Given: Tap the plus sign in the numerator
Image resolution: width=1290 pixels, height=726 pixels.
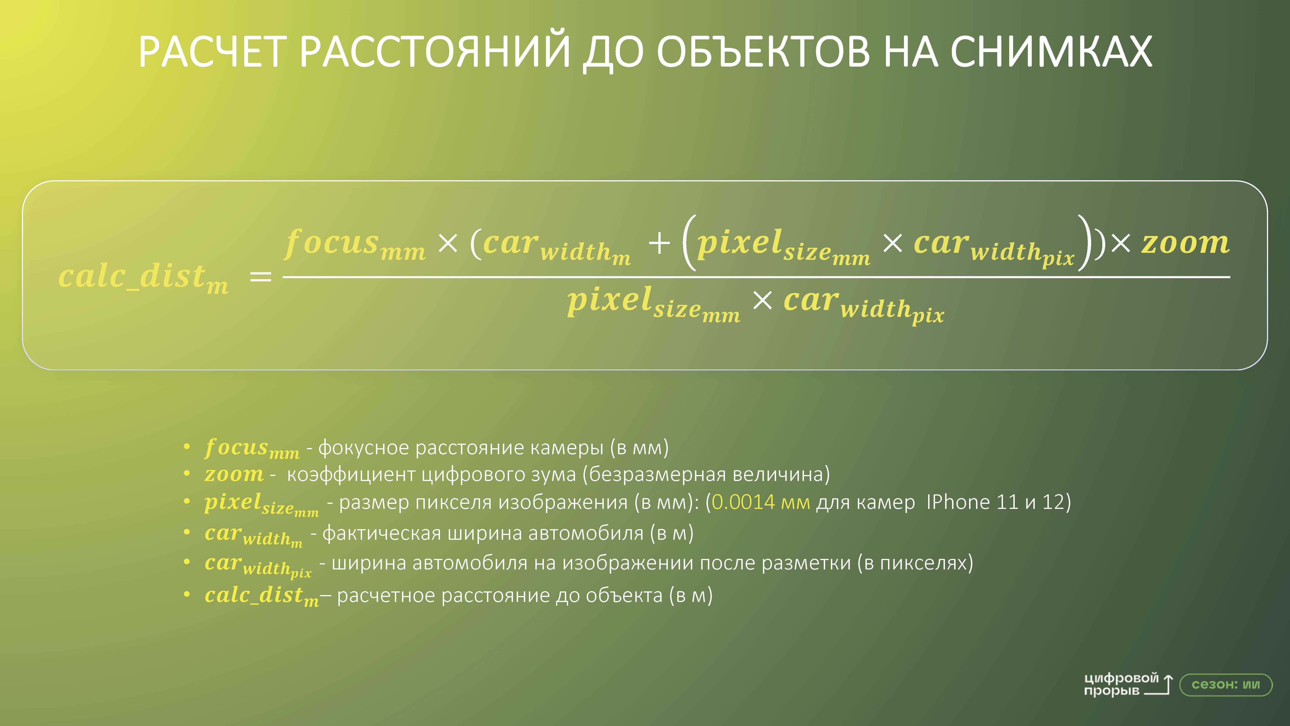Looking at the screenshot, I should [x=659, y=244].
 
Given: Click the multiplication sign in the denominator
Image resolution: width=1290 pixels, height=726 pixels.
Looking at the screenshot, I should [x=762, y=301].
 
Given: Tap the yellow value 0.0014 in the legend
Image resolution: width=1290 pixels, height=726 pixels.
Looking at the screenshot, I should [x=743, y=502].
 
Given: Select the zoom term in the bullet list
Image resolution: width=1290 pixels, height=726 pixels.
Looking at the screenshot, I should [x=234, y=474].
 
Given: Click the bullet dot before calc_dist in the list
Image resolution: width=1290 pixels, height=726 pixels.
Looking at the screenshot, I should [x=187, y=595].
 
